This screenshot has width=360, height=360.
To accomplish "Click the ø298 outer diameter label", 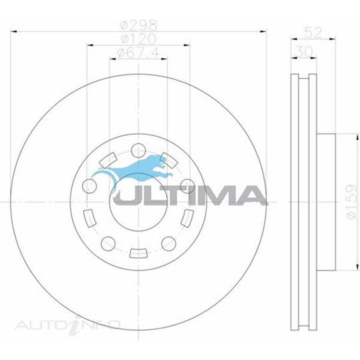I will click(x=139, y=26).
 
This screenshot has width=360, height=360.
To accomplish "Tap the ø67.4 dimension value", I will click(x=139, y=53).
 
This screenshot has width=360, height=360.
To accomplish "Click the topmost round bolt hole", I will click(x=138, y=150).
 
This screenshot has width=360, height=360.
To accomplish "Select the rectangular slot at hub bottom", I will click(x=138, y=253).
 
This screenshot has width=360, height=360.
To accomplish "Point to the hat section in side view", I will click(x=326, y=203).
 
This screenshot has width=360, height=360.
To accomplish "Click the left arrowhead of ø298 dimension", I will click(x=15, y=32).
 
